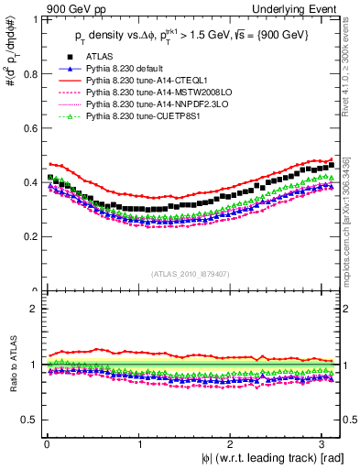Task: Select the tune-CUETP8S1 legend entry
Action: (142, 116)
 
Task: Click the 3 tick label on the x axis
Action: (324, 443)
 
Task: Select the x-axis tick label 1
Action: (138, 443)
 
